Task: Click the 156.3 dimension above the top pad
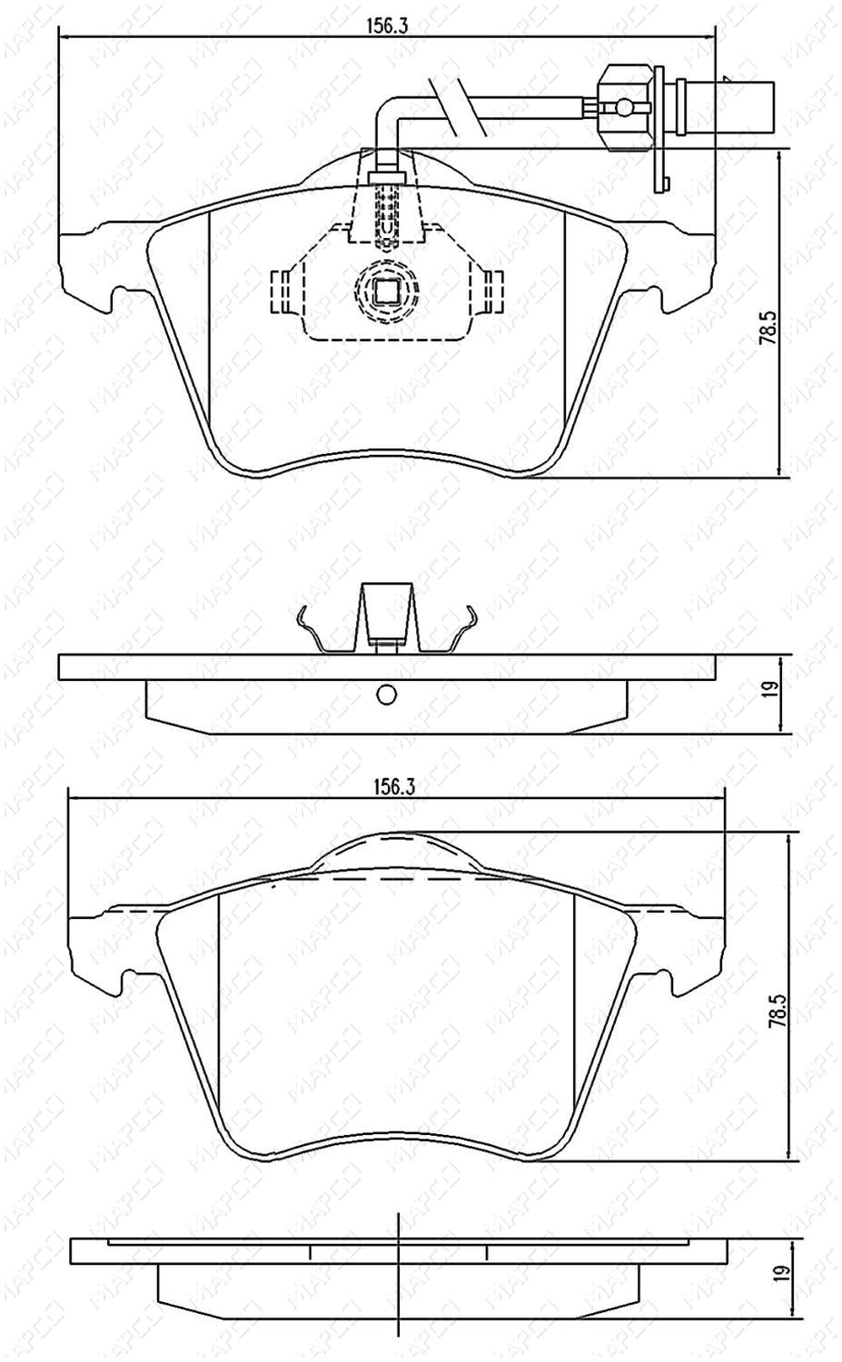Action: pos(386,26)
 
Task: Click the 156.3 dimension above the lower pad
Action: pos(393,786)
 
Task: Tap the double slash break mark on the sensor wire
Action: pos(456,106)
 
